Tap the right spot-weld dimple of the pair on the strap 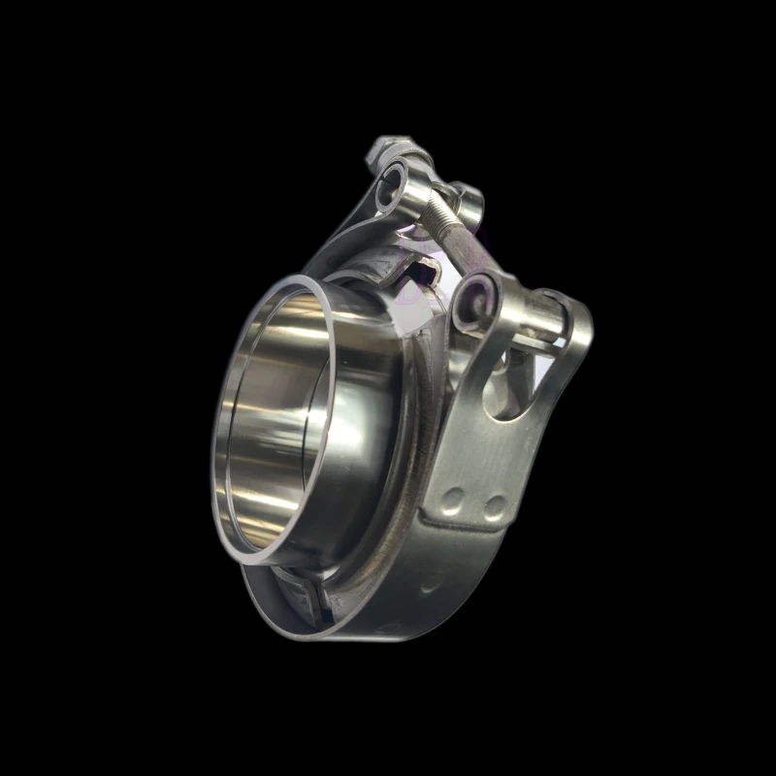click(x=495, y=505)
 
